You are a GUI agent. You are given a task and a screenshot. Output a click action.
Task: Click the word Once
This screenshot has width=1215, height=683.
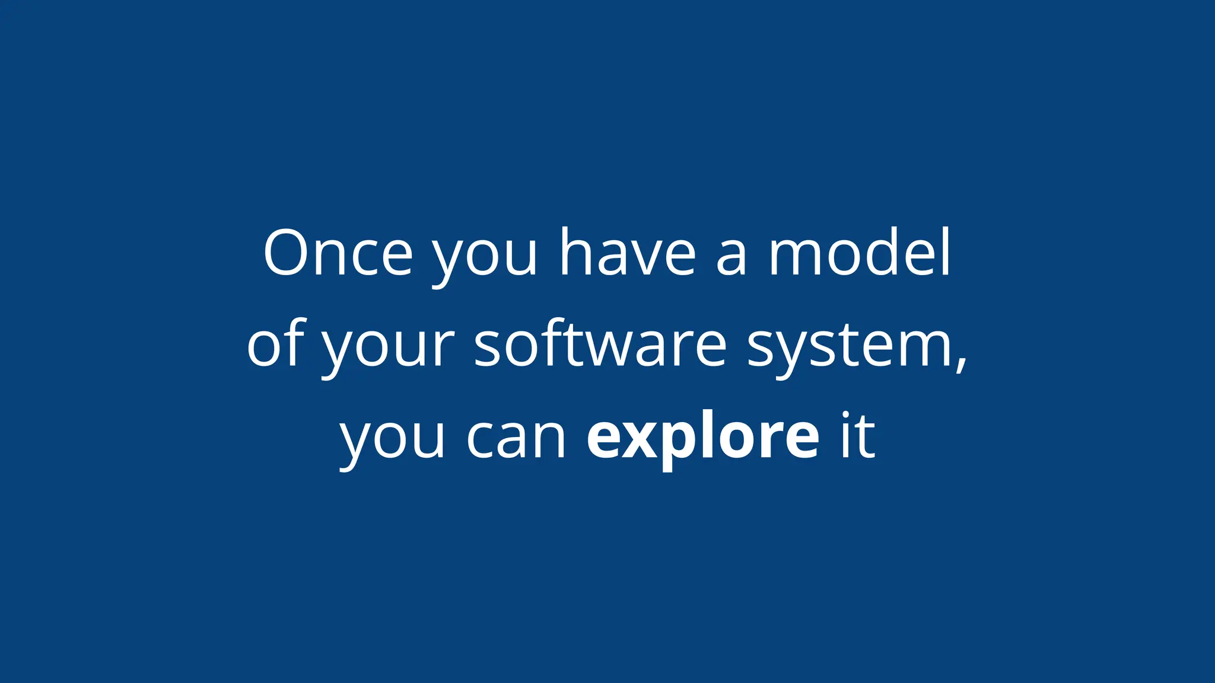click(x=338, y=253)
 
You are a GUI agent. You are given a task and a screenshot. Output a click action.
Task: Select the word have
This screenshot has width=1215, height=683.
click(x=628, y=253)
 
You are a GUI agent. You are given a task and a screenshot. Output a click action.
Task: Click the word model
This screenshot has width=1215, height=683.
click(x=860, y=253)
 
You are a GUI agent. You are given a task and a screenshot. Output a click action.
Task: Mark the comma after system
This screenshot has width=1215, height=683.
click(x=961, y=363)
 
